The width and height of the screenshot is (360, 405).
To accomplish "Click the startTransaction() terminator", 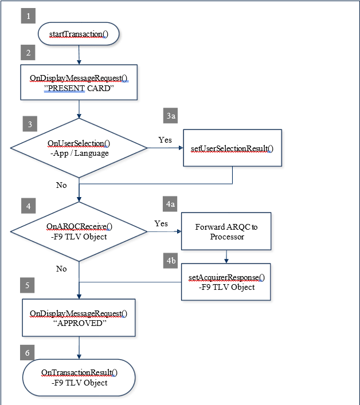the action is (79, 34).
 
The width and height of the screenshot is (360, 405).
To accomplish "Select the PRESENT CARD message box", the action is (79, 82).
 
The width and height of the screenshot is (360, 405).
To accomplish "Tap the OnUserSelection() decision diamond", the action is (79, 148).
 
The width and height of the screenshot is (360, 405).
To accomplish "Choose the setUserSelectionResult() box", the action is (232, 148).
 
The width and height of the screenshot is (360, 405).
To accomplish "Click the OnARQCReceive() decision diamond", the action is (79, 231).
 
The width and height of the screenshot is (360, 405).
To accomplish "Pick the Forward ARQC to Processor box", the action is (226, 231).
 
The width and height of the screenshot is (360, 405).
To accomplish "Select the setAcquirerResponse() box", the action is (226, 282).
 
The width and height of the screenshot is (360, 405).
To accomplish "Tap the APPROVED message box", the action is (79, 318).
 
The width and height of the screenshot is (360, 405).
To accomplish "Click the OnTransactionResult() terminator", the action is (79, 378).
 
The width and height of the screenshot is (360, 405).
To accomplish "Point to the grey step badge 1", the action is (28, 16).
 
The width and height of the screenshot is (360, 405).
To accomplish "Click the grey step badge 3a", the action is (170, 116).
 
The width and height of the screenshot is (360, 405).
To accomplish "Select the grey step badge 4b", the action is (170, 261).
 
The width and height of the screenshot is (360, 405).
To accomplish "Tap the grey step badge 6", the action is (27, 352).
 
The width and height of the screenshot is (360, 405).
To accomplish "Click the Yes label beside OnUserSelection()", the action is (165, 140).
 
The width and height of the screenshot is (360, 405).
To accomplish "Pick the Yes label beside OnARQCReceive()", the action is (161, 223).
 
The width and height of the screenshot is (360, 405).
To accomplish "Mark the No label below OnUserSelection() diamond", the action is (61, 185).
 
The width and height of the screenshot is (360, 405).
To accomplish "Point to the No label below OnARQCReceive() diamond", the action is (61, 269).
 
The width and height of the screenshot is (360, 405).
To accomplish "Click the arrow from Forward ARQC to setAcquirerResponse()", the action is (226, 257).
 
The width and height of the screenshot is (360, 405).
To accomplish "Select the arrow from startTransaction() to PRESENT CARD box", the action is (79, 55).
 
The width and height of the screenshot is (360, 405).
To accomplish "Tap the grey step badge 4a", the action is (170, 204).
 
